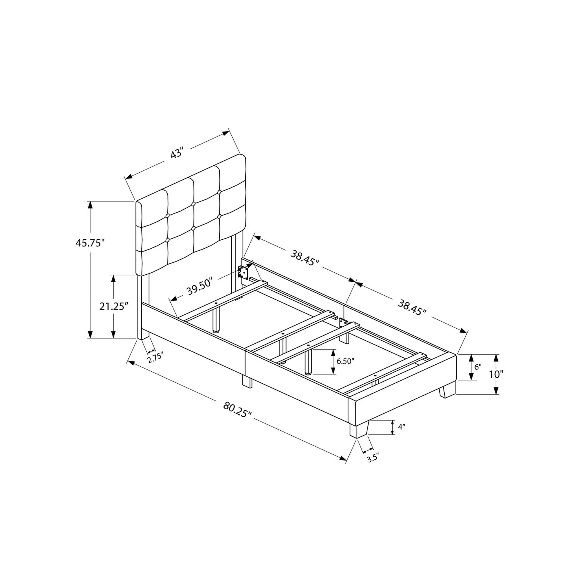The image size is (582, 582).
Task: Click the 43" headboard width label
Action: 177,154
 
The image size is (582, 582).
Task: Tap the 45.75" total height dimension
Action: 90,243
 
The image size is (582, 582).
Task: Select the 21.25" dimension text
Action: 114,306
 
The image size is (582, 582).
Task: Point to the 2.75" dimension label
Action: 155,357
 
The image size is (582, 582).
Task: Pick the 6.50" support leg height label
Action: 346,361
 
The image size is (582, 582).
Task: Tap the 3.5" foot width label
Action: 372,458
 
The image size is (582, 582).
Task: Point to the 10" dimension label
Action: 496,374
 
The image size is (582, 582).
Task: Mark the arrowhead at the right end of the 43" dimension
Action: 225,133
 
